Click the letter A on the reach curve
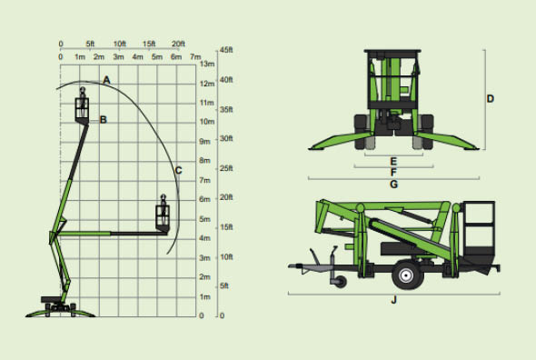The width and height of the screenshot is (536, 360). [x=106, y=80]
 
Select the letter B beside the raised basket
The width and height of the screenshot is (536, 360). [x=104, y=120]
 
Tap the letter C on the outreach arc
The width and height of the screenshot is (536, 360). [x=178, y=170]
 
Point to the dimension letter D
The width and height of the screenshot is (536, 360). [x=491, y=99]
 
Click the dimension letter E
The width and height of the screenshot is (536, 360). [x=393, y=161]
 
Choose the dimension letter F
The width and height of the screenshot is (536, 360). [x=393, y=172]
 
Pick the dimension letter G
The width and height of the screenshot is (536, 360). [x=393, y=185]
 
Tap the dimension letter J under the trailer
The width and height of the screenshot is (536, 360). [x=393, y=300]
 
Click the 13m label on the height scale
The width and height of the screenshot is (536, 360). [x=207, y=64]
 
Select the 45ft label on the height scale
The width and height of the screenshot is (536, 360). [x=226, y=50]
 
